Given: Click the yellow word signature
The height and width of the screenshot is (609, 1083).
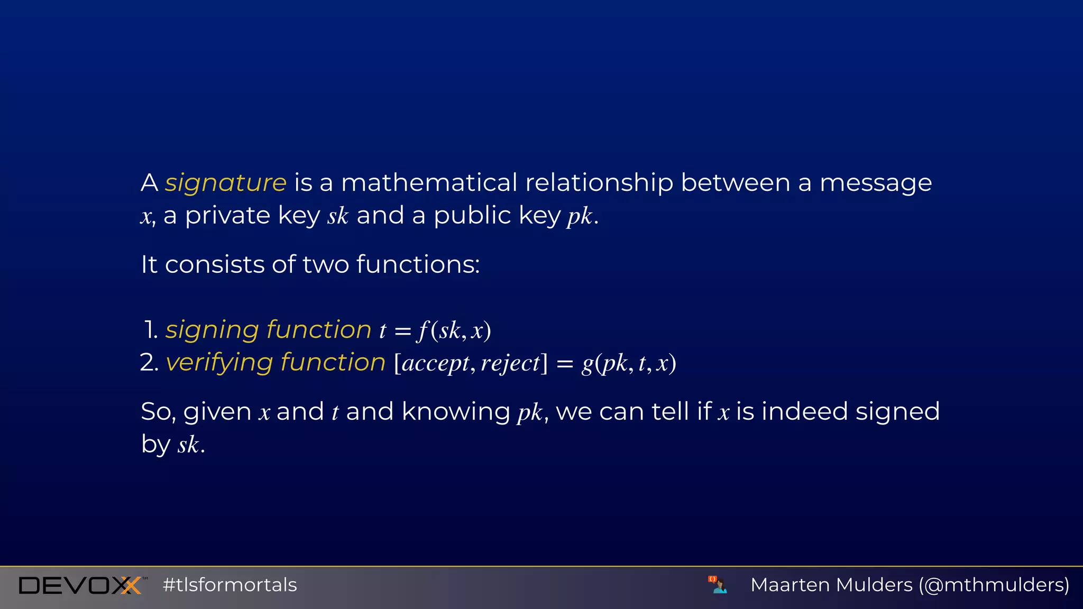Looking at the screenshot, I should pyautogui.click(x=225, y=183).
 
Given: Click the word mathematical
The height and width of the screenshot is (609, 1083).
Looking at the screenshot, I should pyautogui.click(x=429, y=183).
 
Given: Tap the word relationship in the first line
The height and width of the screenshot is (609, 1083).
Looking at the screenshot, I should pyautogui.click(x=599, y=183).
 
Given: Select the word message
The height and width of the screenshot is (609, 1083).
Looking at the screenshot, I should pyautogui.click(x=875, y=183).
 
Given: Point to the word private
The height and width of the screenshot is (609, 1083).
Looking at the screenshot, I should pyautogui.click(x=227, y=216).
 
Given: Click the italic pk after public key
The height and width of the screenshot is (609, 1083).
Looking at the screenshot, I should pyautogui.click(x=580, y=216).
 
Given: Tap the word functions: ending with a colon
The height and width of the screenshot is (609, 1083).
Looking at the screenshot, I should pyautogui.click(x=418, y=264).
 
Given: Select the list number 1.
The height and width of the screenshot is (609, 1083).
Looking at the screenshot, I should pyautogui.click(x=151, y=330).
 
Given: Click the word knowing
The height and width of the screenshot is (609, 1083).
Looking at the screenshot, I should pyautogui.click(x=455, y=412).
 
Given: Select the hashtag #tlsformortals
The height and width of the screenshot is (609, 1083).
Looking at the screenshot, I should pyautogui.click(x=230, y=585).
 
